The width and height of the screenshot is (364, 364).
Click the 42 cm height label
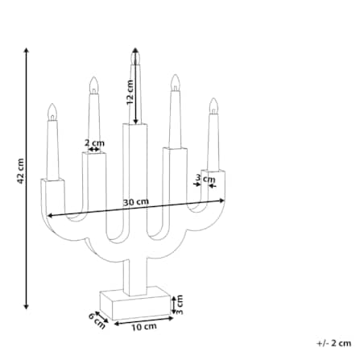click(x=21, y=172)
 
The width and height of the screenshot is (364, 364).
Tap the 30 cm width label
click(x=136, y=202)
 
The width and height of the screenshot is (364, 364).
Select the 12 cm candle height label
click(x=130, y=93)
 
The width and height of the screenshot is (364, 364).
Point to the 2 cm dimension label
click(x=94, y=143)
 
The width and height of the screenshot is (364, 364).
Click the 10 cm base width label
click(x=144, y=327)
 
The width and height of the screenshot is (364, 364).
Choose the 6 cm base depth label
click(x=97, y=321)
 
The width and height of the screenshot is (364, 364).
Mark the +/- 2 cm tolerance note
click(x=334, y=343)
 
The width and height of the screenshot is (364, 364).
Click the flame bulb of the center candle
click(x=135, y=56)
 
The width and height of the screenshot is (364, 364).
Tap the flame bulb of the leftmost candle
click(x=52, y=112)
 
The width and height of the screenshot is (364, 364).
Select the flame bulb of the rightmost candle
click(x=213, y=106)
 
